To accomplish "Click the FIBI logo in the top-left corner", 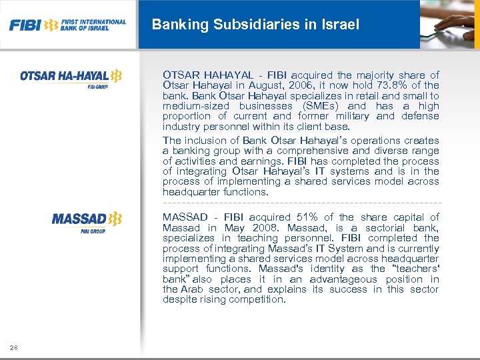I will (x=67, y=25).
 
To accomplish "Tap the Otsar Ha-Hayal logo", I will (x=71, y=77).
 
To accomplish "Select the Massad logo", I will (x=87, y=220).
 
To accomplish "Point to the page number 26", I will (x=14, y=347).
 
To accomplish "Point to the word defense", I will (x=421, y=116).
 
